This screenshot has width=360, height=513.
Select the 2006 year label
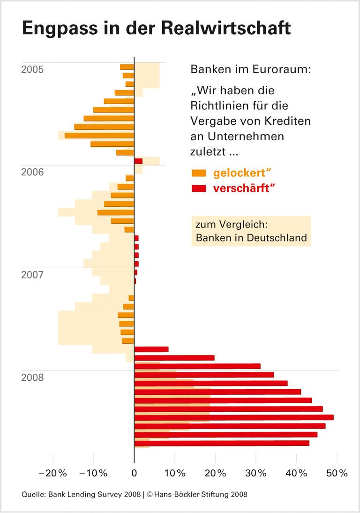coord(33,172)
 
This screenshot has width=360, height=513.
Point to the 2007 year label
coord(33,274)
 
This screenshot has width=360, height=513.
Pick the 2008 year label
coord(33,377)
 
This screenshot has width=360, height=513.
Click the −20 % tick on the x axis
coord(53,474)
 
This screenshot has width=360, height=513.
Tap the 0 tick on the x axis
coord(135,474)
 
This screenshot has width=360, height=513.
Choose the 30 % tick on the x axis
coord(256,474)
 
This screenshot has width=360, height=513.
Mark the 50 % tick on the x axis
coord(337,474)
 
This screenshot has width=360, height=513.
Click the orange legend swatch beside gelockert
coord(199,174)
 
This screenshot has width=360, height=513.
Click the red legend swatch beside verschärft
coord(199,189)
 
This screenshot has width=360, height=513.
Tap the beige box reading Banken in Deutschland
coord(251,238)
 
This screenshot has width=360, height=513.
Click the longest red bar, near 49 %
coord(234,417)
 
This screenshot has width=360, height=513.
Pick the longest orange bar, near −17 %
coord(99,136)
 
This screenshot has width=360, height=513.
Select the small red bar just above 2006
coord(138,161)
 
